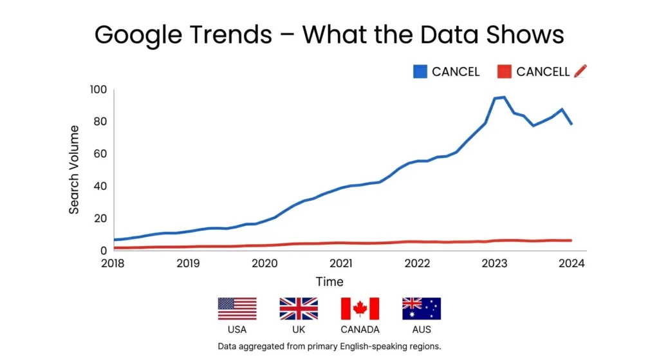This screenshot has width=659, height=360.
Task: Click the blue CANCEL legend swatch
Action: click(421, 71)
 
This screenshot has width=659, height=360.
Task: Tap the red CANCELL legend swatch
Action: click(506, 71)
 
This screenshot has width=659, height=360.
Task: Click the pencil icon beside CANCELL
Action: click(580, 71)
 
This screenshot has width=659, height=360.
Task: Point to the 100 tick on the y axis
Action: click(98, 90)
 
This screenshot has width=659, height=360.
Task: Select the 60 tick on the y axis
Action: click(100, 154)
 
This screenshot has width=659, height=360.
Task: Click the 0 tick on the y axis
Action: click(103, 251)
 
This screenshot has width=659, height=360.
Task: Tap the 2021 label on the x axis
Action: click(340, 263)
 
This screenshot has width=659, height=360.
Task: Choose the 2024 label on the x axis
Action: click(571, 263)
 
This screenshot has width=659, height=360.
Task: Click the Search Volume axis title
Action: click(75, 170)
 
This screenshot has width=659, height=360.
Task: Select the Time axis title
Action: click(329, 281)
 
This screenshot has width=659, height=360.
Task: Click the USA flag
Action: click(237, 308)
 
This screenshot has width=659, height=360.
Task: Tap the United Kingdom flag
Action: click(298, 308)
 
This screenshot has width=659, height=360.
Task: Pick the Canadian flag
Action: click(360, 308)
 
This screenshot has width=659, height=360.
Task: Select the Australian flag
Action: click(422, 308)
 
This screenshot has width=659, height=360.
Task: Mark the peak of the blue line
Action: click(503, 97)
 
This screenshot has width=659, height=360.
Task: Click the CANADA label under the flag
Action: click(360, 330)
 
